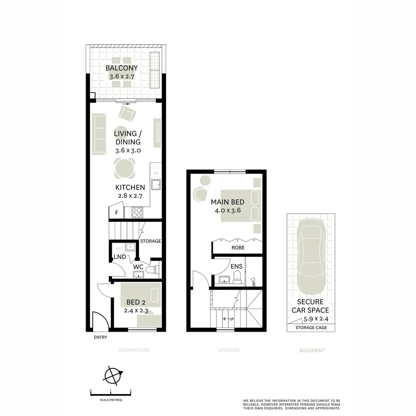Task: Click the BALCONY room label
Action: [122, 69]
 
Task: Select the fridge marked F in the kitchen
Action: [116, 213]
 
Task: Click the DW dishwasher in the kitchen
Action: [156, 174]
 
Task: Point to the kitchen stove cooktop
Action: [138, 212]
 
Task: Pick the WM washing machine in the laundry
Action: [118, 248]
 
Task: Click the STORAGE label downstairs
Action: [150, 242]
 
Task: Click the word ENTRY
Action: [101, 337]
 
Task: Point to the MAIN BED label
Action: [227, 202]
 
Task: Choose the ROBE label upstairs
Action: [238, 248]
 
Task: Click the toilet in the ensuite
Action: [237, 277]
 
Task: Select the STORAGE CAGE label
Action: [311, 328]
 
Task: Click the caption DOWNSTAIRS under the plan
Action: [134, 351]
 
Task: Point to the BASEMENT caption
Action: [312, 351]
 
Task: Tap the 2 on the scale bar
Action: [131, 391]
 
